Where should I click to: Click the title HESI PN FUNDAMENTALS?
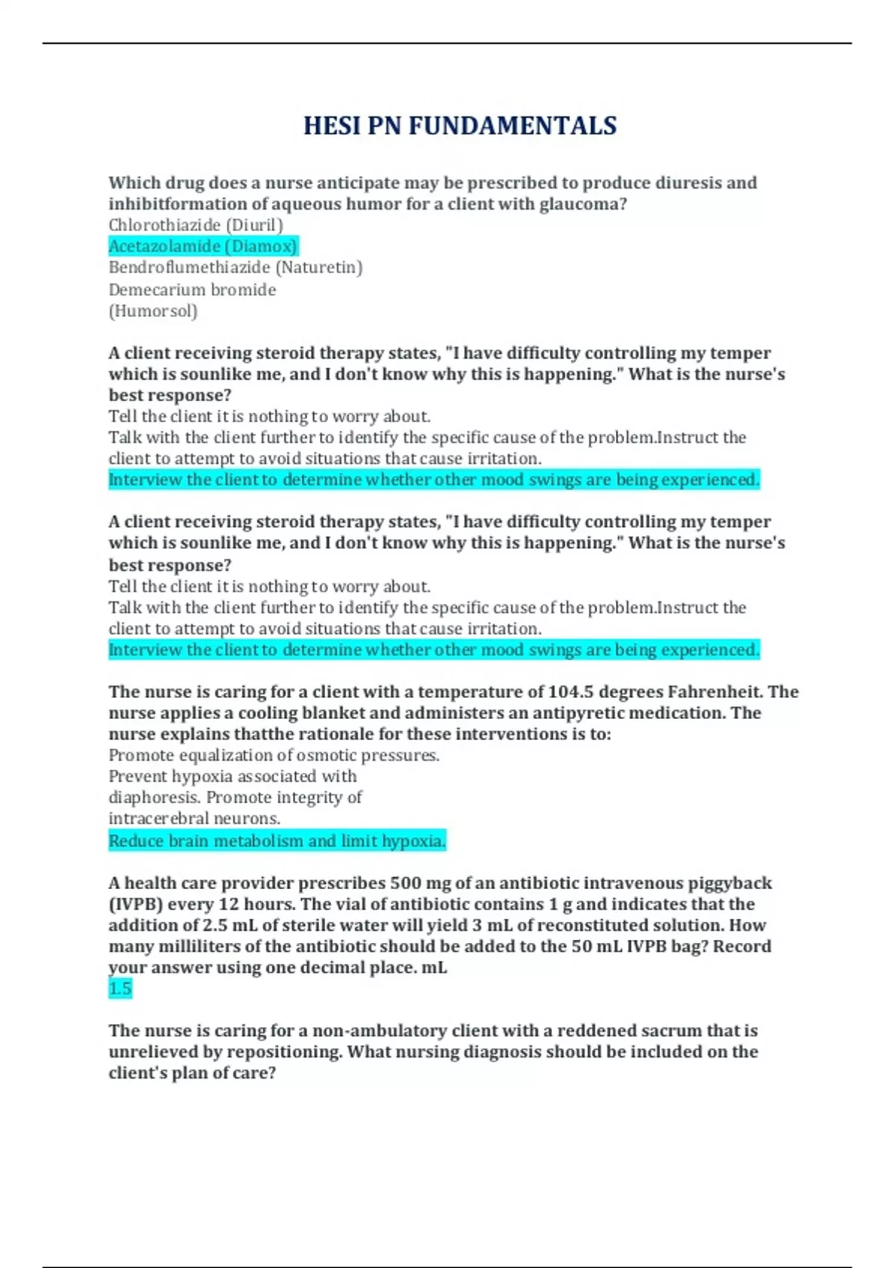(x=459, y=125)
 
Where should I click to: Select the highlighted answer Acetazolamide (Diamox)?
(x=203, y=246)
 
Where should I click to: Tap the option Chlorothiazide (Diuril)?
(x=195, y=225)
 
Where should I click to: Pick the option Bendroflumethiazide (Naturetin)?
(x=235, y=267)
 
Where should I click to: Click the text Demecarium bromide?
(x=192, y=289)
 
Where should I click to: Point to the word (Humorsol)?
(x=153, y=310)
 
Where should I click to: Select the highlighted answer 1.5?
(x=120, y=989)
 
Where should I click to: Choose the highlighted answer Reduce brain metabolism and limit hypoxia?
(x=277, y=841)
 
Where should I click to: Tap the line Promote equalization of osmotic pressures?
(x=274, y=755)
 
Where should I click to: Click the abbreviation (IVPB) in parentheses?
(x=135, y=904)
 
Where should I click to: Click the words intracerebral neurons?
(x=194, y=818)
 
